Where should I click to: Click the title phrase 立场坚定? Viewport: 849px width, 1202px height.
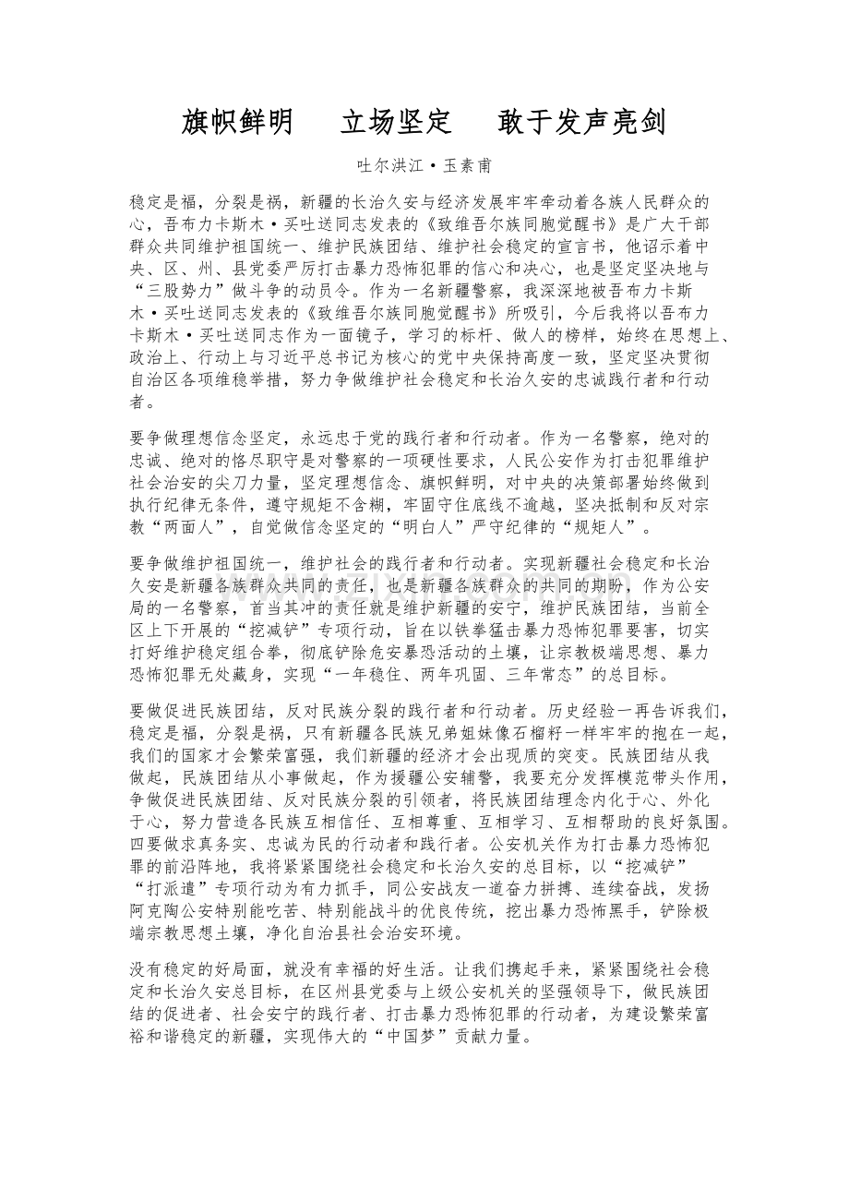click(x=396, y=122)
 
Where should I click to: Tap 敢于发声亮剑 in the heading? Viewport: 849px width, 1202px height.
click(x=581, y=122)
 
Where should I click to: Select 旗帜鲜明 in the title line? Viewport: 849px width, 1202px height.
click(x=238, y=122)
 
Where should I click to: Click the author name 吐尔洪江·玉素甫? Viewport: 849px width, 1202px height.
click(x=424, y=167)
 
